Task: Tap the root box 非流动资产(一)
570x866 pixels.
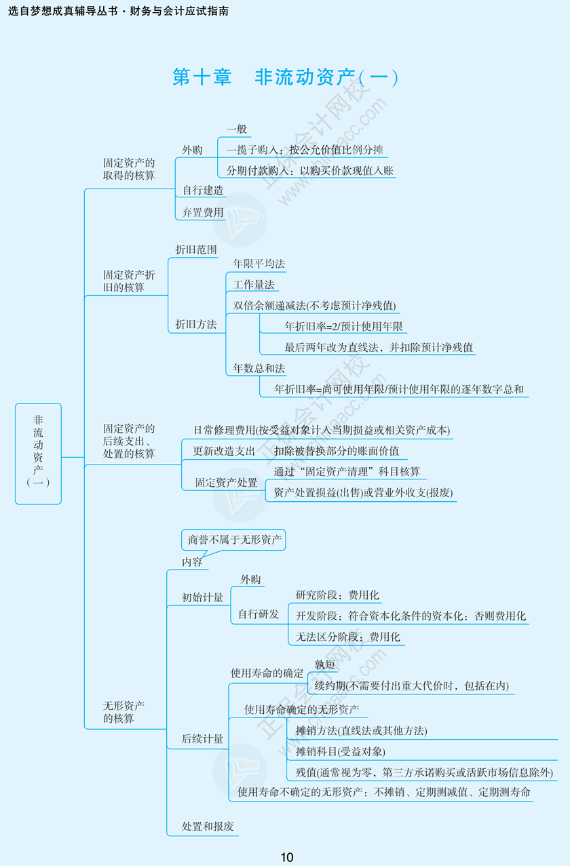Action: (38, 454)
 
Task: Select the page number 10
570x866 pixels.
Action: (286, 857)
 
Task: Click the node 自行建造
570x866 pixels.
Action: (202, 191)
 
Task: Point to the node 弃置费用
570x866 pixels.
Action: (202, 212)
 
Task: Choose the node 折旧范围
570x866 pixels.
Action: (195, 250)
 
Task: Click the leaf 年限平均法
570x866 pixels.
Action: (259, 263)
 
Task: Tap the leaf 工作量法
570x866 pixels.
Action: (253, 285)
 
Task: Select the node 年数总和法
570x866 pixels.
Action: (259, 368)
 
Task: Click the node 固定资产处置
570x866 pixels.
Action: (226, 482)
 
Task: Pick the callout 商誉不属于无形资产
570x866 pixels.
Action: (233, 540)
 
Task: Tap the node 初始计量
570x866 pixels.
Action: (202, 597)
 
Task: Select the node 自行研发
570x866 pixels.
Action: (258, 614)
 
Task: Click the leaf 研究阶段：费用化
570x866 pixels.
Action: (337, 595)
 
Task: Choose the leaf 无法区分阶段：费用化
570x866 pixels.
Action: (347, 637)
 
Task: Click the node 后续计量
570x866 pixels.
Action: (202, 739)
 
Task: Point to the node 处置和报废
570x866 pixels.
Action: (208, 827)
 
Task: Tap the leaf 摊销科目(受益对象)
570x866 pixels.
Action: (340, 751)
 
